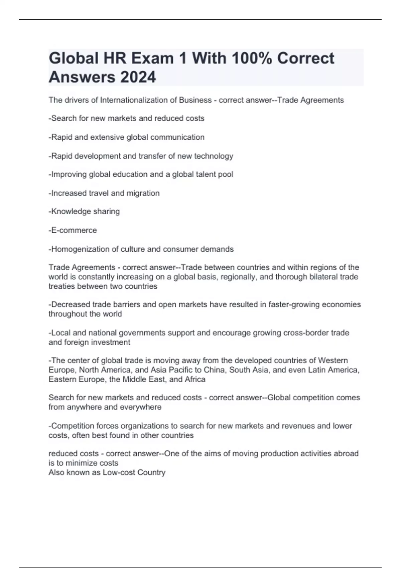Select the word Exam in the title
click(152, 58)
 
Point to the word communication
click(177, 137)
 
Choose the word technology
click(214, 156)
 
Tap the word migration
click(143, 193)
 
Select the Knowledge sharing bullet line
click(84, 211)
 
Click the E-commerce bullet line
click(73, 230)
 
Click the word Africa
click(195, 379)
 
